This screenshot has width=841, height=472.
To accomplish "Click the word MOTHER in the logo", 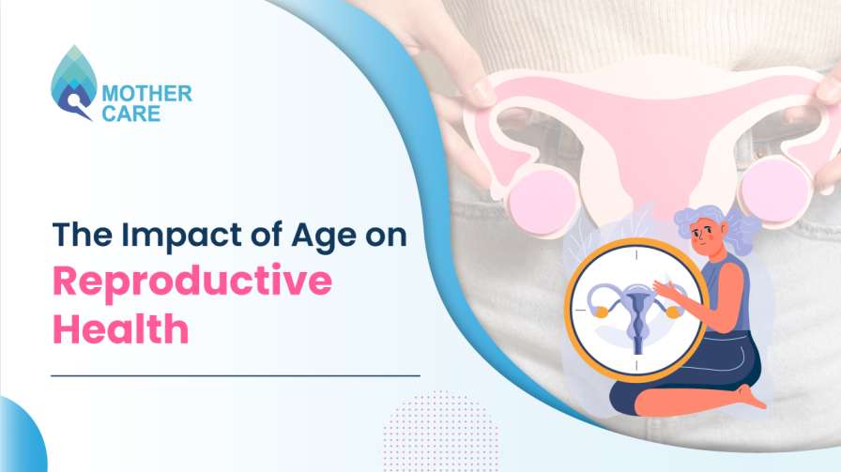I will [x=147, y=93].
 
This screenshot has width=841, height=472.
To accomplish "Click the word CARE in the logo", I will [x=131, y=114].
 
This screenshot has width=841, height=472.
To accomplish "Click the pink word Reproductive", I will [x=191, y=282].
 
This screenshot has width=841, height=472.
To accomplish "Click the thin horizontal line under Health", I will [x=235, y=375].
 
